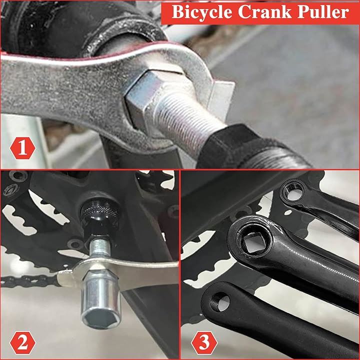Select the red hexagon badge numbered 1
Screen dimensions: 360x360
[x=22, y=148]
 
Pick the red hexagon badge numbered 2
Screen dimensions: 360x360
[x=22, y=343]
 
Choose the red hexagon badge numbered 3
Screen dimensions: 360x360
[x=204, y=343]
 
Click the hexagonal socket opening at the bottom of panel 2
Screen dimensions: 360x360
[x=100, y=319]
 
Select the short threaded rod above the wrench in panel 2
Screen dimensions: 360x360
[x=99, y=248]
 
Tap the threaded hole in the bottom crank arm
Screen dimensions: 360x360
[x=220, y=302]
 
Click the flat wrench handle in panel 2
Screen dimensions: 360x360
[x=147, y=273]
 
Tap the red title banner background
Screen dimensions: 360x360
[x=260, y=12]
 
